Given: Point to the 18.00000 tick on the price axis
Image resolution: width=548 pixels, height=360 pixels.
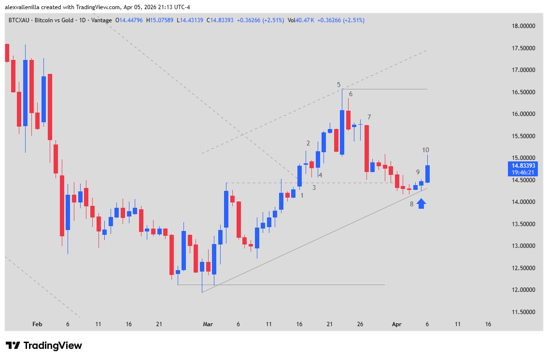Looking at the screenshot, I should click(x=524, y=26).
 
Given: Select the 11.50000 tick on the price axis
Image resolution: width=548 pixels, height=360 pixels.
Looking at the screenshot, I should click(x=524, y=312).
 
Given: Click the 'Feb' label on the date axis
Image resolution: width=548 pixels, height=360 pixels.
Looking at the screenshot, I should click(x=37, y=324).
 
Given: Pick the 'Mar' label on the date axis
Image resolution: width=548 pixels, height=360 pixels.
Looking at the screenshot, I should click(x=208, y=324).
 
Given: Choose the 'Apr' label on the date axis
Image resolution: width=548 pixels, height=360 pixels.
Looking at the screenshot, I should click(x=397, y=324).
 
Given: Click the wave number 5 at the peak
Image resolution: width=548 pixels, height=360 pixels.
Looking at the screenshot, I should click(x=339, y=85).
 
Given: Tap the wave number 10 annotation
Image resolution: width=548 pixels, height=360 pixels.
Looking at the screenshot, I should click(x=426, y=150).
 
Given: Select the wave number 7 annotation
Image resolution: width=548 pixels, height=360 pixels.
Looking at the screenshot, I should click(x=369, y=117).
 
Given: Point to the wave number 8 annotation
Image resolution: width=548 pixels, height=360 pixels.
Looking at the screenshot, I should click(x=412, y=204).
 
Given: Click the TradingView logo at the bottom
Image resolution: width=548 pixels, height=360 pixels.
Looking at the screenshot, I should click(x=44, y=346).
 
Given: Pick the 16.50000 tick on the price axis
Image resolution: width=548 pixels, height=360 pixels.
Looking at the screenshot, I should click(x=524, y=92).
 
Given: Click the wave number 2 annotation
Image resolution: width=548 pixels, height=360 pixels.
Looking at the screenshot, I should click(x=308, y=143).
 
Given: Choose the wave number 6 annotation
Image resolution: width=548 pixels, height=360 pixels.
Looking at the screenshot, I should click(x=351, y=94).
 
